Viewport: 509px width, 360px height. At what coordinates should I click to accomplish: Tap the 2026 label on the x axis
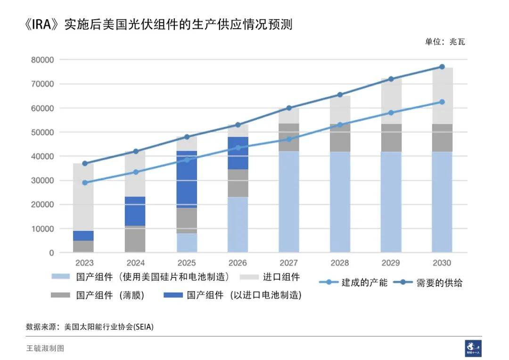(x=238, y=263)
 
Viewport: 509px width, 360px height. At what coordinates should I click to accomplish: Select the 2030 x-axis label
(x=442, y=263)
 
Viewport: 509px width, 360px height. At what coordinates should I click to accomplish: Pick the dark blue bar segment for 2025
(x=187, y=179)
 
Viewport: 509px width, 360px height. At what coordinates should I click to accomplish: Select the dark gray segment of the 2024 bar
(x=136, y=239)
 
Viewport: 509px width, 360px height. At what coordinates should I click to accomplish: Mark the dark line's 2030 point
(x=442, y=67)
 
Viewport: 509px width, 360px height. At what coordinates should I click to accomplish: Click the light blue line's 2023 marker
(x=85, y=182)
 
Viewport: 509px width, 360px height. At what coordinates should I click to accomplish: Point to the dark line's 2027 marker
(x=289, y=108)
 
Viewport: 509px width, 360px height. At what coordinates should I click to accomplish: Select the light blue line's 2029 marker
(x=391, y=113)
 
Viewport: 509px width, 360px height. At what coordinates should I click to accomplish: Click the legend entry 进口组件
(x=281, y=277)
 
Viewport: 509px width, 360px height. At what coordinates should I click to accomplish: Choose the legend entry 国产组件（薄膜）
(x=109, y=295)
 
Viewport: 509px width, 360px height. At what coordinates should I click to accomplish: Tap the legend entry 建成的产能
(x=363, y=282)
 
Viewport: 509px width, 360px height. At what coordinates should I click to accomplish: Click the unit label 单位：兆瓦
(x=444, y=41)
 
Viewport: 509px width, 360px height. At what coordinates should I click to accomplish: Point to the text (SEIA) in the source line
(x=144, y=326)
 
